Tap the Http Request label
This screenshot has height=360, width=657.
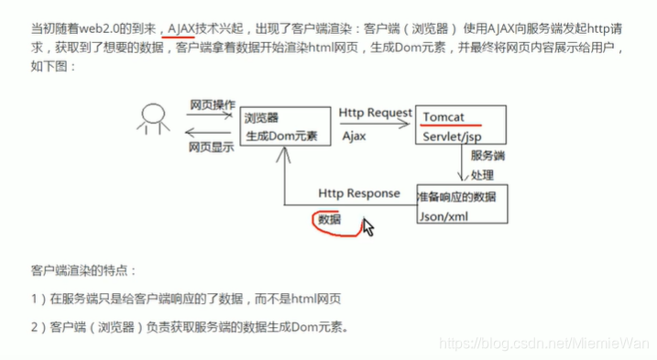click(375, 113)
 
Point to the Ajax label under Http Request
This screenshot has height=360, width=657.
click(355, 134)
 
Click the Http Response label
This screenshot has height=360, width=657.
click(359, 194)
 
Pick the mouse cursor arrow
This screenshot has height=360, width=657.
click(367, 226)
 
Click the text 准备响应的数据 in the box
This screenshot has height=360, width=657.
click(459, 196)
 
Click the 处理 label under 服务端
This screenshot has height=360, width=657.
click(483, 174)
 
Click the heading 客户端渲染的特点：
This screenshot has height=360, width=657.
click(83, 271)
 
